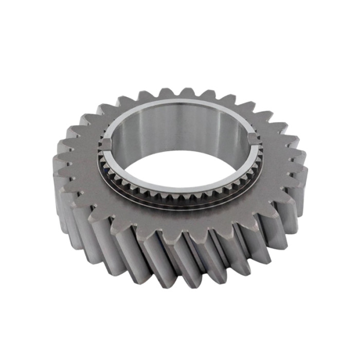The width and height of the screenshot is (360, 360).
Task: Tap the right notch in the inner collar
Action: click(253, 138)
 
